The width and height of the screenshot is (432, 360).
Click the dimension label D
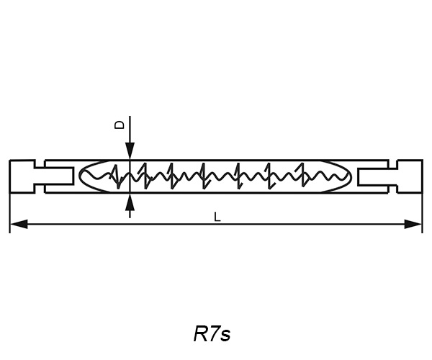tap(120, 125)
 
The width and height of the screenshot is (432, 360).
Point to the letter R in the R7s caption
tap(200, 335)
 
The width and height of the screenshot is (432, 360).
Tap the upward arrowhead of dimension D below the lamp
tap(130, 204)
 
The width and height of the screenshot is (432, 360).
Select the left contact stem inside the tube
tap(58, 176)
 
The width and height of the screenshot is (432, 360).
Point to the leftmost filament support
tap(116, 175)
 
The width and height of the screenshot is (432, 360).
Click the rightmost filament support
tap(306, 175)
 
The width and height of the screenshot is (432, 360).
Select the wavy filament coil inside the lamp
tap(216, 176)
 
